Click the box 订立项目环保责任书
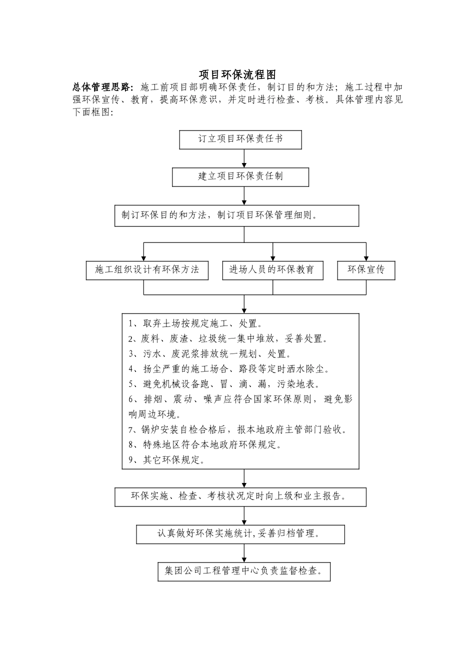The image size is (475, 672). point(240,139)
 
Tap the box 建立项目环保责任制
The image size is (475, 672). point(240,177)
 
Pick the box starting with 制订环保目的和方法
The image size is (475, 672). point(236,216)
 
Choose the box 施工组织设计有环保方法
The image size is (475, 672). point(147,270)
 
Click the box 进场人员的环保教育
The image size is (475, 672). point(272,270)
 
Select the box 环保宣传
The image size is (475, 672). point(366,270)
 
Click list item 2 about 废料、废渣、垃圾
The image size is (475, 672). point(228,339)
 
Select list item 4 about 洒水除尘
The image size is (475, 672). point(228,369)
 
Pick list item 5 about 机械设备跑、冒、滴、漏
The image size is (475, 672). point(224,384)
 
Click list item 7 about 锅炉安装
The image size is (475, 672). point(237,429)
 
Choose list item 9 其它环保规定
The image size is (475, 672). point(166,460)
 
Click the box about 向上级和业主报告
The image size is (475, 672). point(240,497)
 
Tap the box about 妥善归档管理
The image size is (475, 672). point(240,534)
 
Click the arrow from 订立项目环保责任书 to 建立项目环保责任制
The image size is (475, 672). point(244,158)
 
